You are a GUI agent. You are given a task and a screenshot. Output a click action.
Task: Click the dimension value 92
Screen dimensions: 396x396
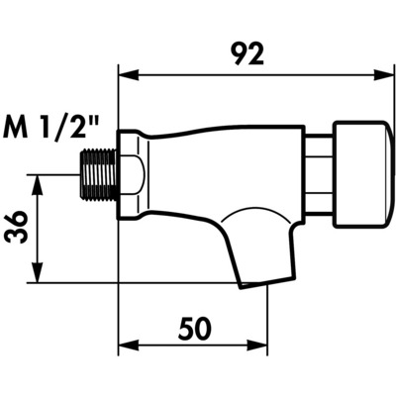(x=247, y=54)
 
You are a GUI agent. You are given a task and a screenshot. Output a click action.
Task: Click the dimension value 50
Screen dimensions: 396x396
(x=195, y=329)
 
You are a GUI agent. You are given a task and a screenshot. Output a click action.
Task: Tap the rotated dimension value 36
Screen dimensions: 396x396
(x=17, y=228)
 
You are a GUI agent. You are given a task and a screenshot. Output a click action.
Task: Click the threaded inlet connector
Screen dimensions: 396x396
(x=98, y=174)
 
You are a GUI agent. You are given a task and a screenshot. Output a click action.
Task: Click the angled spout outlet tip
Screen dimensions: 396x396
(x=253, y=284)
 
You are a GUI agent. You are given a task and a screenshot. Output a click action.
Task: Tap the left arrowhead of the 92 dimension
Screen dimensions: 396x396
(x=128, y=75)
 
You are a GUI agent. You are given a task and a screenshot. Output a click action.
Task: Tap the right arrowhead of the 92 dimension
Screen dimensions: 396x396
(x=384, y=75)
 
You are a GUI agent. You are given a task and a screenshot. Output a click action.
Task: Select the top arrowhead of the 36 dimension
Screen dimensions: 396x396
(x=38, y=185)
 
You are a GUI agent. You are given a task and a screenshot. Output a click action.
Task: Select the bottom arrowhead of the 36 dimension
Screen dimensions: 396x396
(x=38, y=272)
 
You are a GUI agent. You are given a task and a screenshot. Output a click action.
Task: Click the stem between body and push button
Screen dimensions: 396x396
(x=319, y=175)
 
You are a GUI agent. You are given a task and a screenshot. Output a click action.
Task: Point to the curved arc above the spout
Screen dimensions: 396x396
(x=254, y=211)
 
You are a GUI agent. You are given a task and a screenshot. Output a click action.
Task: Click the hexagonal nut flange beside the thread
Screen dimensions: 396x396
(x=130, y=174)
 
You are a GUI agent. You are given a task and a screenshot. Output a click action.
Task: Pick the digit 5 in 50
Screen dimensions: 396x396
(x=185, y=329)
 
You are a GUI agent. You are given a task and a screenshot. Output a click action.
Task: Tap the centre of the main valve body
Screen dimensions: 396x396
(x=225, y=171)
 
